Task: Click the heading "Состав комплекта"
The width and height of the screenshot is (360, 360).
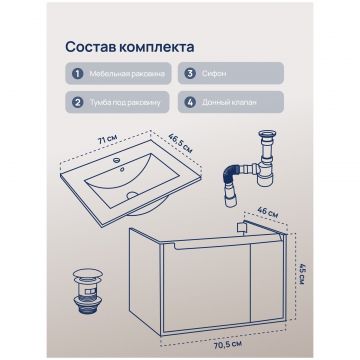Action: [x=130, y=47]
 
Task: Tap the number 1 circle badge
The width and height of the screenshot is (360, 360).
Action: [x=77, y=73]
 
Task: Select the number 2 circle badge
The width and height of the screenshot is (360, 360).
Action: [x=77, y=102]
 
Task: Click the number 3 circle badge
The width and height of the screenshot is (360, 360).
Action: [x=190, y=73]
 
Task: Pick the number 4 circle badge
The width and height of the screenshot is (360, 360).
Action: [x=190, y=102]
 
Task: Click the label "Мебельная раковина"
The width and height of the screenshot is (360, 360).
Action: [x=127, y=74]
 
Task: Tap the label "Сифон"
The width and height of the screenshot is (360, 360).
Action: [x=213, y=74]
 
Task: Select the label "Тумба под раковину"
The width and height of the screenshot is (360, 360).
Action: [x=125, y=102]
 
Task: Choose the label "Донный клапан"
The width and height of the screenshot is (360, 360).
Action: [x=229, y=102]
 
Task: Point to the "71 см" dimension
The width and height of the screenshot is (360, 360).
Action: [x=107, y=140]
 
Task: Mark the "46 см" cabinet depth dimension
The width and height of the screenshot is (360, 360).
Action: [x=269, y=212]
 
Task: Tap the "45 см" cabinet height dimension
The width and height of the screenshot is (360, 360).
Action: [x=302, y=274]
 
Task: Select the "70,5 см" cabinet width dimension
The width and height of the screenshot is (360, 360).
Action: [x=227, y=343]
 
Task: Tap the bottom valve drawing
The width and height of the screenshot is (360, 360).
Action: [x=87, y=292]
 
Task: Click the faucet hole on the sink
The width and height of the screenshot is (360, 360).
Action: [x=116, y=160]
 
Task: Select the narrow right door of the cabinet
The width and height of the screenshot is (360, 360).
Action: [x=268, y=281]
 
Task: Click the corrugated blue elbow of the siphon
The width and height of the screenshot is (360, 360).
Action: [x=233, y=173]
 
